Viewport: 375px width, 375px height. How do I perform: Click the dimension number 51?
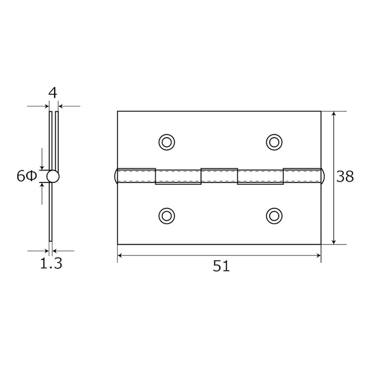221,266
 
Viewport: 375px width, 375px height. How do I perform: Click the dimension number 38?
345,177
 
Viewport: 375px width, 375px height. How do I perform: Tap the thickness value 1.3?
51,263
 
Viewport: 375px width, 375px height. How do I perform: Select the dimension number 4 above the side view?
53,93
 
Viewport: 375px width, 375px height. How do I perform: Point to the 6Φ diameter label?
27,176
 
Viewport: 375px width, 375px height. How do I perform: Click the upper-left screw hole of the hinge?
167,143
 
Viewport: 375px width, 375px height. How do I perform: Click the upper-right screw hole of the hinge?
274,143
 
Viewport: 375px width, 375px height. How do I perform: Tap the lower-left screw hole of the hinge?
167,216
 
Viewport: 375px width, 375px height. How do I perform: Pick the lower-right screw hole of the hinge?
274,216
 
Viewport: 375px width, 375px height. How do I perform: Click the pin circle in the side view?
53,177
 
